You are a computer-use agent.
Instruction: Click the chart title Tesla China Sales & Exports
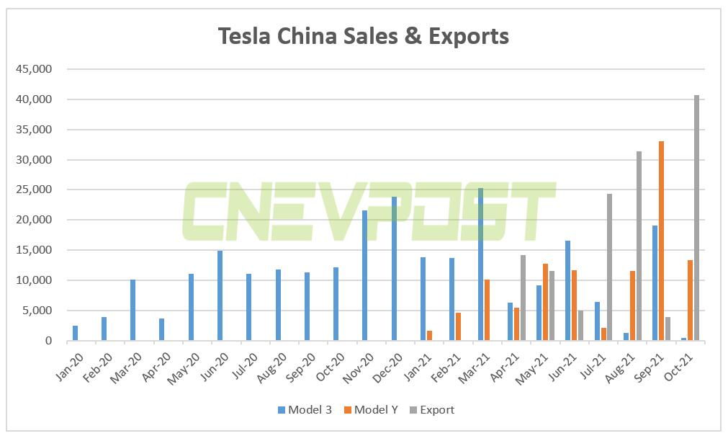(x=364, y=36)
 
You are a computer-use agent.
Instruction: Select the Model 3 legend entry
(x=305, y=410)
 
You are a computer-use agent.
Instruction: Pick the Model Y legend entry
(x=372, y=410)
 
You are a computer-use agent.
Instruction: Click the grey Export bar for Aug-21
(x=639, y=246)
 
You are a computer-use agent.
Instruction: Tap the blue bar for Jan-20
(x=76, y=333)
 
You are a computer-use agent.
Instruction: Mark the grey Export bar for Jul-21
(x=609, y=267)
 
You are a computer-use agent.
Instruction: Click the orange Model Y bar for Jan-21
(x=429, y=336)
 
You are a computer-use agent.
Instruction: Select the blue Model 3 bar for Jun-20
(x=220, y=295)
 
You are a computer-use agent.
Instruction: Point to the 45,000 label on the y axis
(x=34, y=69)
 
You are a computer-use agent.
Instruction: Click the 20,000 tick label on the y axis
(x=34, y=220)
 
